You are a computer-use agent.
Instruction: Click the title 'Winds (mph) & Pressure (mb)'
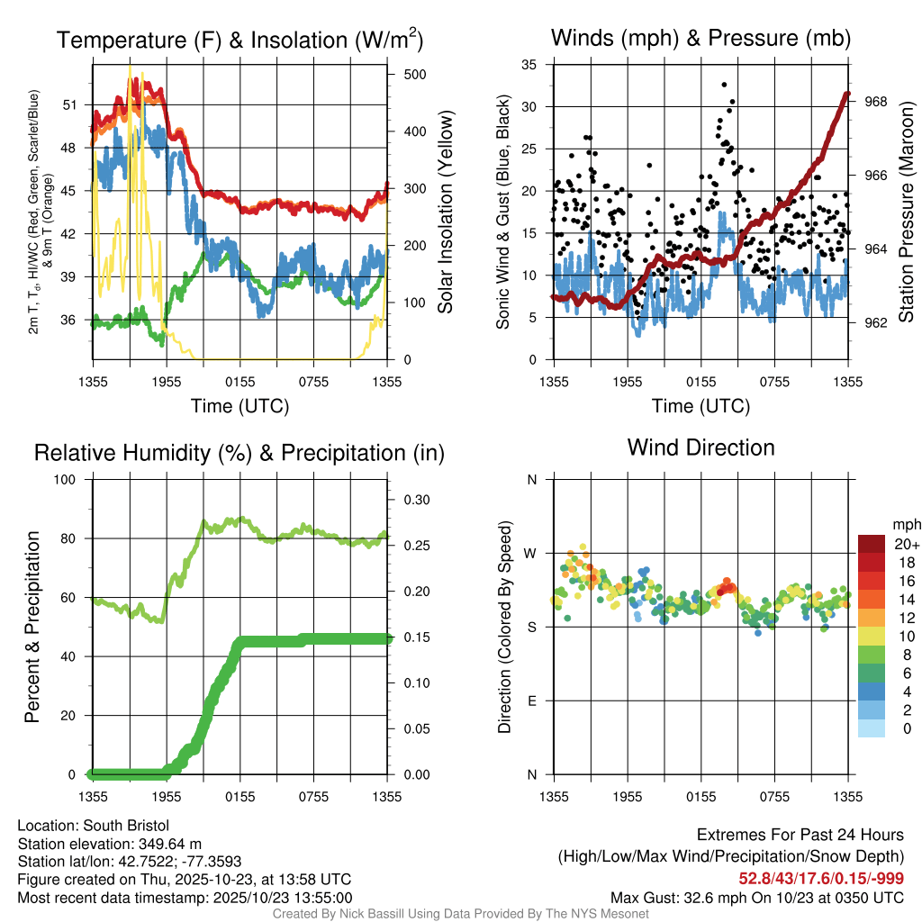coord(701,38)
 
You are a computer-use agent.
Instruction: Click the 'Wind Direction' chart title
coord(701,447)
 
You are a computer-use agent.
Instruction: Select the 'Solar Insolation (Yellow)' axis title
coord(445,212)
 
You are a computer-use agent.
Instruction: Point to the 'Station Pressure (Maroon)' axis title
coord(906,212)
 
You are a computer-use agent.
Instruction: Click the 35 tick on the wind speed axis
coord(529,65)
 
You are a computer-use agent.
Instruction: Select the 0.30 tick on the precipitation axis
coord(415,500)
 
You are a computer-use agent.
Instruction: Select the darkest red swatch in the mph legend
coord(872,543)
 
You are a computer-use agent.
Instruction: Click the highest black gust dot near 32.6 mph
coord(724,85)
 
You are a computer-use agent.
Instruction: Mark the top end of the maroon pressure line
coord(847,93)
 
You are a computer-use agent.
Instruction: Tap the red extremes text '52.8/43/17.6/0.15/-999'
coord(821,878)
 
